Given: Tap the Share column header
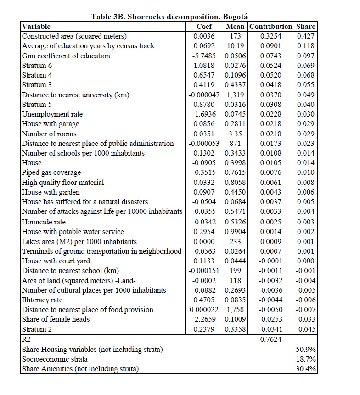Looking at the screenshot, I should [305, 26].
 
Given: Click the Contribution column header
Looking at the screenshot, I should [270, 26].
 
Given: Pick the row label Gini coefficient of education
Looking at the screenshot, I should [66, 56].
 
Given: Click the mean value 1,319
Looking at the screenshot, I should [236, 95].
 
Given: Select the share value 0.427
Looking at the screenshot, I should [306, 36].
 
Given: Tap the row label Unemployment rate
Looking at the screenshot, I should [52, 114].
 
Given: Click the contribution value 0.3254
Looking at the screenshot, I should [271, 36].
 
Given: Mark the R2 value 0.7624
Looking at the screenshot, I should [271, 339].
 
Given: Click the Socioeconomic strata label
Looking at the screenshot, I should [55, 359].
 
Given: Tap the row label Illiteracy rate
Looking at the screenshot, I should [45, 300].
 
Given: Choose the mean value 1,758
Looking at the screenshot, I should [236, 310].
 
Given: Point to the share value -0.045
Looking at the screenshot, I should [305, 329].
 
